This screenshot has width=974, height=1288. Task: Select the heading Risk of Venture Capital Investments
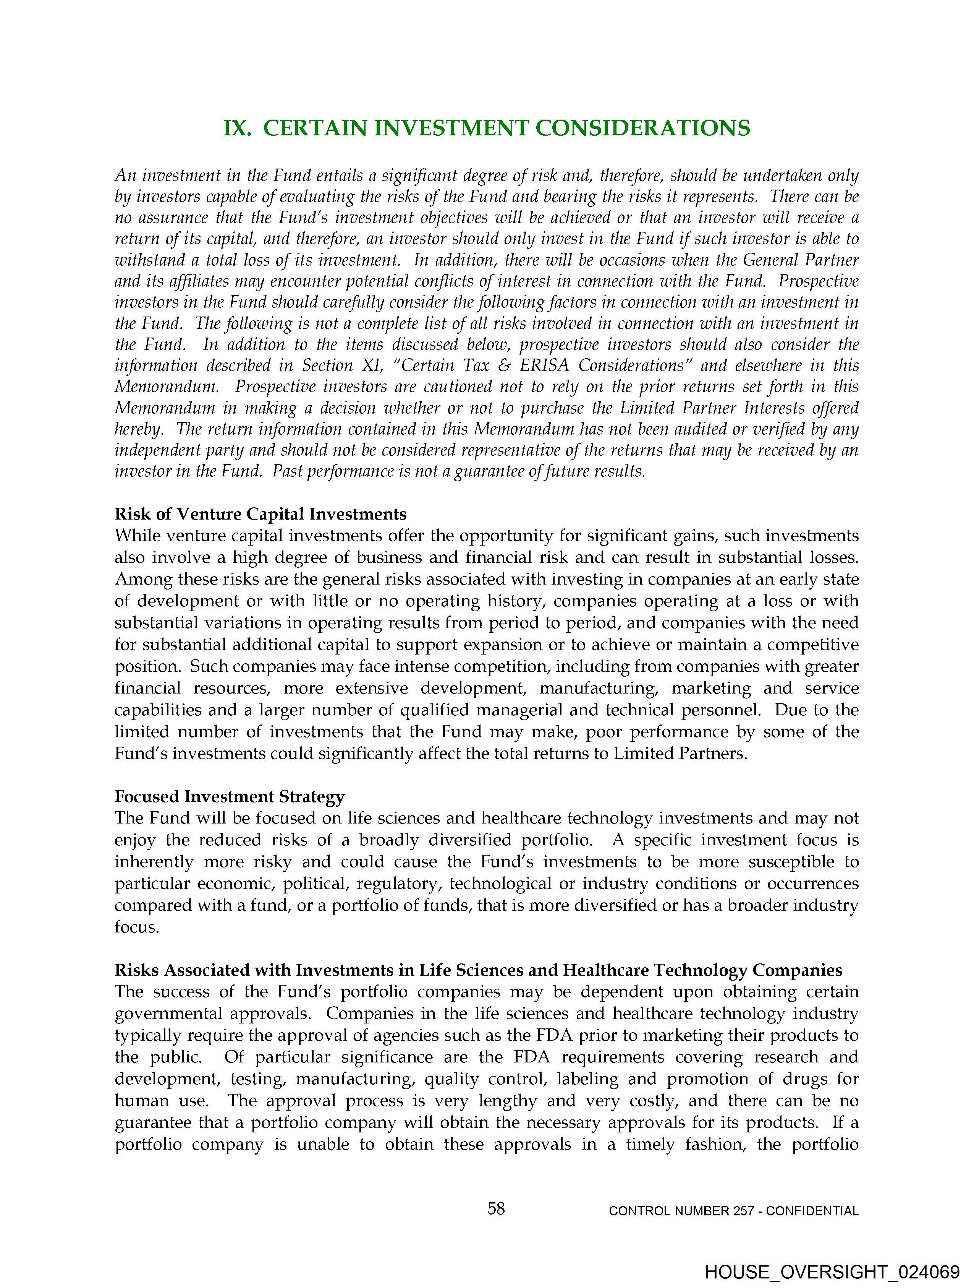260,514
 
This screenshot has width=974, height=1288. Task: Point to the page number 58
496,1209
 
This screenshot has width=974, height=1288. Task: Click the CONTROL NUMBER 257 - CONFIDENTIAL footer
733,1211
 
